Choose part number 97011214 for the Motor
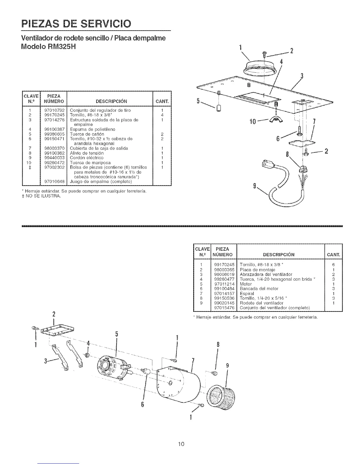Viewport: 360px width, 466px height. tap(224, 284)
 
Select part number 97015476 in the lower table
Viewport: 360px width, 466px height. tap(224, 308)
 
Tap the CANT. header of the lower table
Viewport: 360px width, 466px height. tap(334, 254)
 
